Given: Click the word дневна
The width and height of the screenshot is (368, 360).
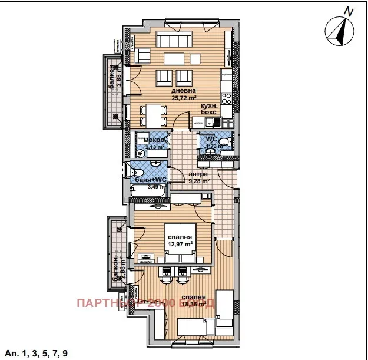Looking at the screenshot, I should (184, 91).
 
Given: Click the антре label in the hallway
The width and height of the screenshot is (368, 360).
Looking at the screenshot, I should (198, 174).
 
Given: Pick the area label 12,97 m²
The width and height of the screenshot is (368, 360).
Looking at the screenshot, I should (181, 244).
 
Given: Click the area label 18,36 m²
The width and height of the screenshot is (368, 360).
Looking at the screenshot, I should (194, 305).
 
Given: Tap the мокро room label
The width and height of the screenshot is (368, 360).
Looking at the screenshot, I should (154, 140).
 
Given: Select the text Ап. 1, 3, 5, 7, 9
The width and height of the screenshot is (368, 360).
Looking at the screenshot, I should (37, 353).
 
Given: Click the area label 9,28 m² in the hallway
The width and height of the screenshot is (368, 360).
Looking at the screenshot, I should (198, 181).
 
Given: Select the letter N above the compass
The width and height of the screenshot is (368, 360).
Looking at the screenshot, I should (349, 10).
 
